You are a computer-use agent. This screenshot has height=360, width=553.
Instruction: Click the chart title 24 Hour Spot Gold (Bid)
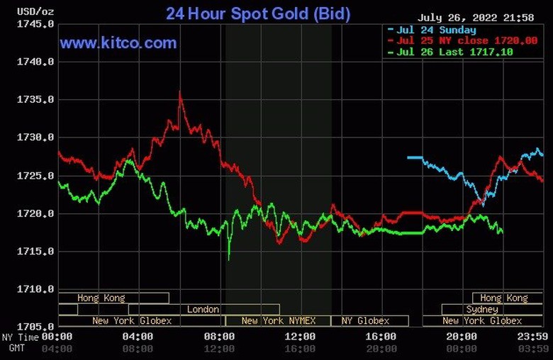tap(258, 13)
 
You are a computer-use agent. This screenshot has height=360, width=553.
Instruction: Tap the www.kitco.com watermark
tap(118, 43)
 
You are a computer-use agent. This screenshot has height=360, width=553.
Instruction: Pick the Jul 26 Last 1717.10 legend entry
tap(455, 52)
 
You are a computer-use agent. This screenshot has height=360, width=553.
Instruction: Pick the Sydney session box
tap(483, 310)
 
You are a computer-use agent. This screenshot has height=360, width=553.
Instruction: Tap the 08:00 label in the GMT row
tap(138, 349)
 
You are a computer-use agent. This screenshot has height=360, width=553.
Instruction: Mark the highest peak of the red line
tap(180, 92)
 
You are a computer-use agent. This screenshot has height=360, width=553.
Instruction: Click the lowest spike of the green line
tap(229, 259)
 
